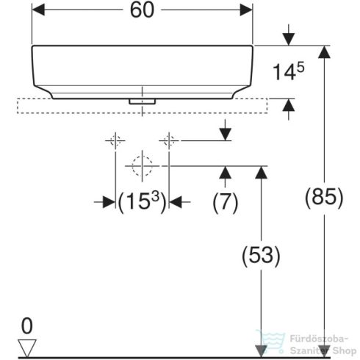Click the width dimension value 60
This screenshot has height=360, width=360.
point(142,11)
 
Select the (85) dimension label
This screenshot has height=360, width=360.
point(323,197)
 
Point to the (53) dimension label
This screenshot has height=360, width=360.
point(260,255)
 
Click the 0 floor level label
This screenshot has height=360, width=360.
point(27,324)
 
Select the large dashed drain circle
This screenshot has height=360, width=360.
point(141,166)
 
